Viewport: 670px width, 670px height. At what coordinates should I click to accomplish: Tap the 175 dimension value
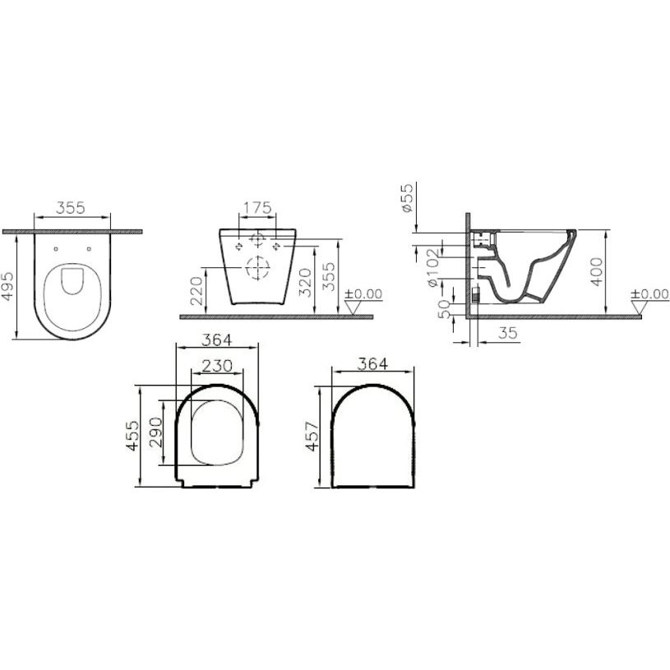(257, 208)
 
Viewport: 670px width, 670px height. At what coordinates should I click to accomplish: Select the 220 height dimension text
(196, 290)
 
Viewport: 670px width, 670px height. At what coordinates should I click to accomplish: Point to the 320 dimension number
(305, 283)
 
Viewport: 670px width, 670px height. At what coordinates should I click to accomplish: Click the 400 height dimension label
(597, 272)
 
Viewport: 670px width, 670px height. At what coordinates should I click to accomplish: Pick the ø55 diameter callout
(407, 197)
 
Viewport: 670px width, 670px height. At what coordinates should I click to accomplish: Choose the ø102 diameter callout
(432, 268)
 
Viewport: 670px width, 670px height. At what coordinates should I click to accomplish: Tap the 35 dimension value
(507, 332)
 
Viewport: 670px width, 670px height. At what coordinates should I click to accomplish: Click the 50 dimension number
(445, 308)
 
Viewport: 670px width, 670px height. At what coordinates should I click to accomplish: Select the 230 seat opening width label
(217, 366)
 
